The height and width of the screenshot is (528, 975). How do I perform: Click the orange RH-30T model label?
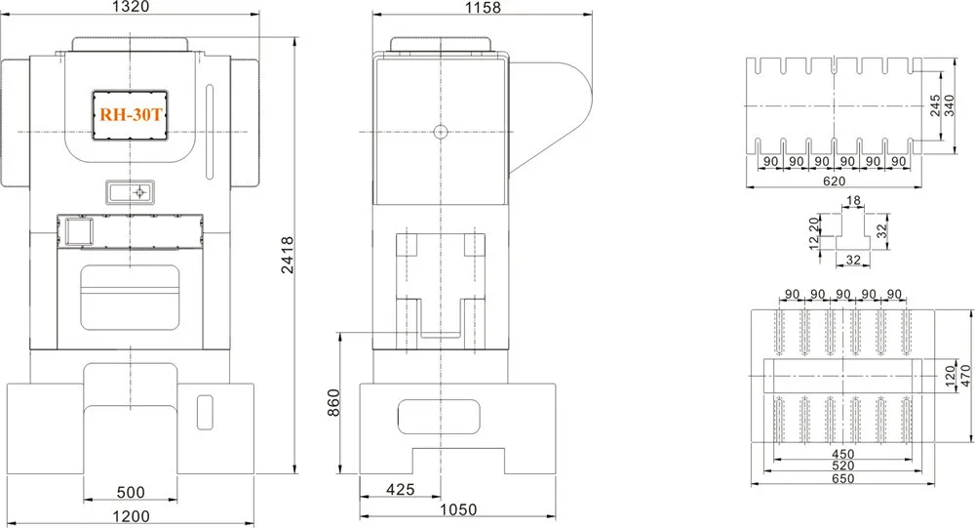coord(131,114)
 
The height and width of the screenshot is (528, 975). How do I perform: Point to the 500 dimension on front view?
coord(130,492)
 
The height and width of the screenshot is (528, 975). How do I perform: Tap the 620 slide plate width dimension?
coord(833,182)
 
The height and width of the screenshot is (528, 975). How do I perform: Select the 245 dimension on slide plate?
coord(935,105)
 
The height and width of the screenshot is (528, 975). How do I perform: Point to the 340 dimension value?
coord(949,105)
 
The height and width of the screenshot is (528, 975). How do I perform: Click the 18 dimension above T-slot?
coord(854,201)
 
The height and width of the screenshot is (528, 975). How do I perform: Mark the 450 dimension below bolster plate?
coord(842,454)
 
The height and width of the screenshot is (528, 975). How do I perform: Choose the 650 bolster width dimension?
coord(842,478)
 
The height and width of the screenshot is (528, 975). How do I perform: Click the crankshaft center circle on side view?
coord(440,131)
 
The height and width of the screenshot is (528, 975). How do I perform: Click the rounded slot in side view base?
coord(440,418)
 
